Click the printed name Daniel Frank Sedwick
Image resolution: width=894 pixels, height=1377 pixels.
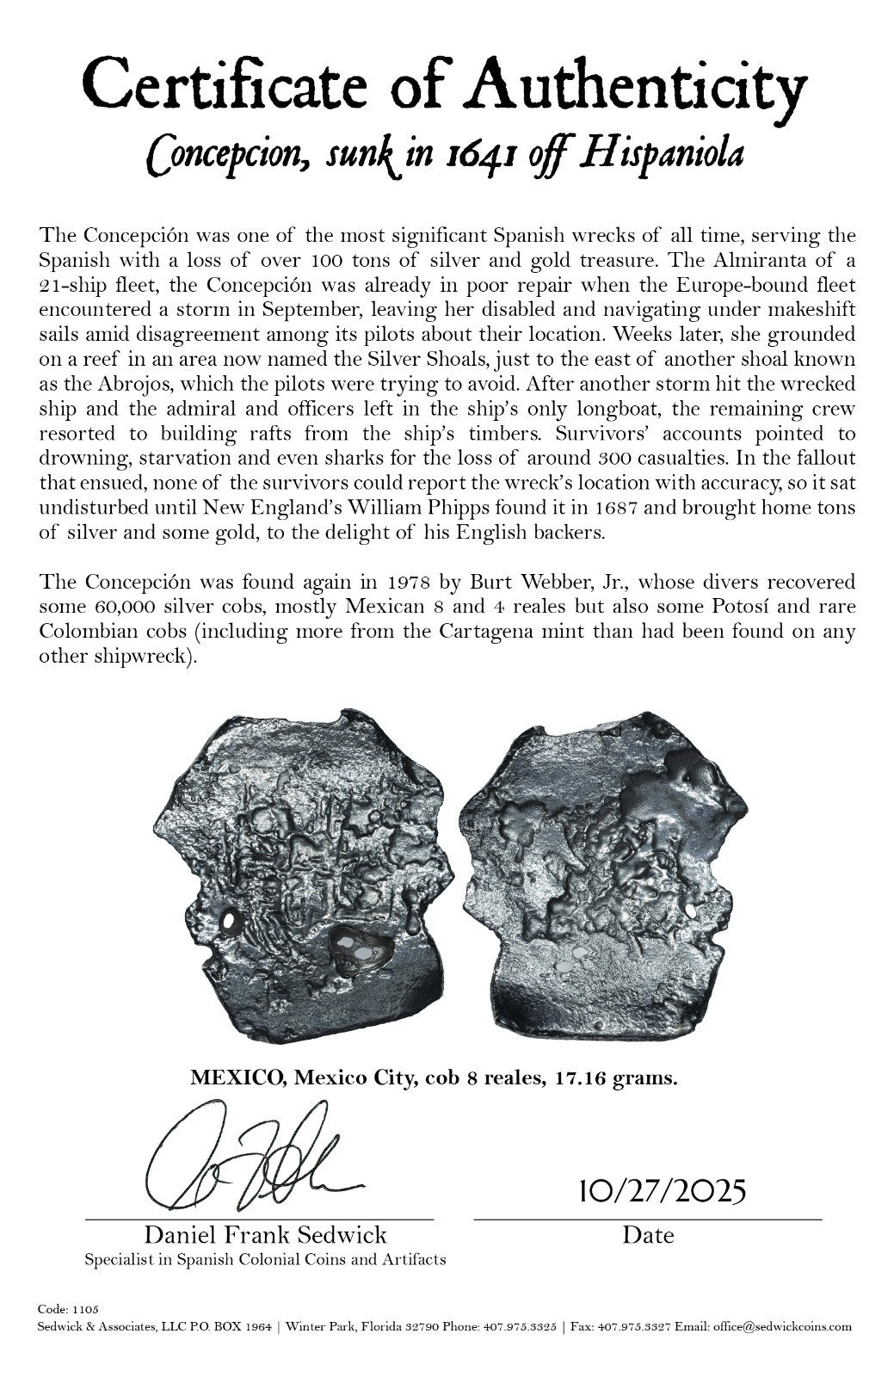(x=265, y=1235)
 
